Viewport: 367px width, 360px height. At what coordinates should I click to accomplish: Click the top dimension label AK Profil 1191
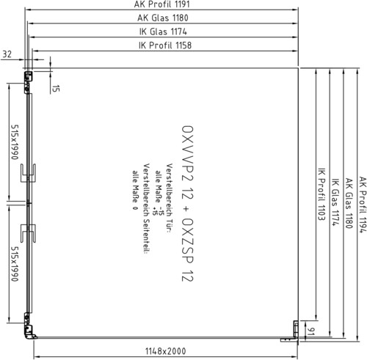click(161, 4)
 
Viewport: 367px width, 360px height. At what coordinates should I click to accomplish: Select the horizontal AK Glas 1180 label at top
click(163, 18)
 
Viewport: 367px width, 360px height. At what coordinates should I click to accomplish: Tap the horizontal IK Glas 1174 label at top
click(163, 32)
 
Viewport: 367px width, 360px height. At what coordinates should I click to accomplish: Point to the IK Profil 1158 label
click(165, 45)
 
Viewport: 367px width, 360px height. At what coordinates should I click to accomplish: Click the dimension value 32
click(7, 54)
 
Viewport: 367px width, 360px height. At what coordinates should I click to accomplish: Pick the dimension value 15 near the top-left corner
click(56, 89)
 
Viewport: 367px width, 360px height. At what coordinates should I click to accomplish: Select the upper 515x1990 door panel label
click(15, 142)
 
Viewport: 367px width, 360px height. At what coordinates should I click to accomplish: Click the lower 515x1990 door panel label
click(15, 264)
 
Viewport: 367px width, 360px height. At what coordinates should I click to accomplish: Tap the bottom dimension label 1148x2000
click(166, 351)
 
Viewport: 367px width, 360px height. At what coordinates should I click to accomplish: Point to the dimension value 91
click(310, 331)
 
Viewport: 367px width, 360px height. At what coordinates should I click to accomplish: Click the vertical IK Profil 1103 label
click(321, 194)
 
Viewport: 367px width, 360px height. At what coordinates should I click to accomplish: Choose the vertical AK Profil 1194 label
click(363, 205)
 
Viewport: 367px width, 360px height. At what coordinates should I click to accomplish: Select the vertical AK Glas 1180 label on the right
click(349, 203)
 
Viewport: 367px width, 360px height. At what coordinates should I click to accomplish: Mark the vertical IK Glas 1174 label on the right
click(335, 202)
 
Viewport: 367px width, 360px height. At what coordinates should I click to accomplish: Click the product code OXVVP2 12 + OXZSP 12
click(188, 203)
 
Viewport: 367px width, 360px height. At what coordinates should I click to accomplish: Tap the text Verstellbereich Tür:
click(169, 198)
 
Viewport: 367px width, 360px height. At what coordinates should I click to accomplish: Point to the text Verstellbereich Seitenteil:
click(146, 209)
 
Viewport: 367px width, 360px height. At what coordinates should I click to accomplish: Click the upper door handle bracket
click(28, 173)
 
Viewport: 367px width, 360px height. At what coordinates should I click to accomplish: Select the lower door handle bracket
click(28, 233)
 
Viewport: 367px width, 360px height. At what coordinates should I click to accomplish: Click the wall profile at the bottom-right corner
click(293, 332)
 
